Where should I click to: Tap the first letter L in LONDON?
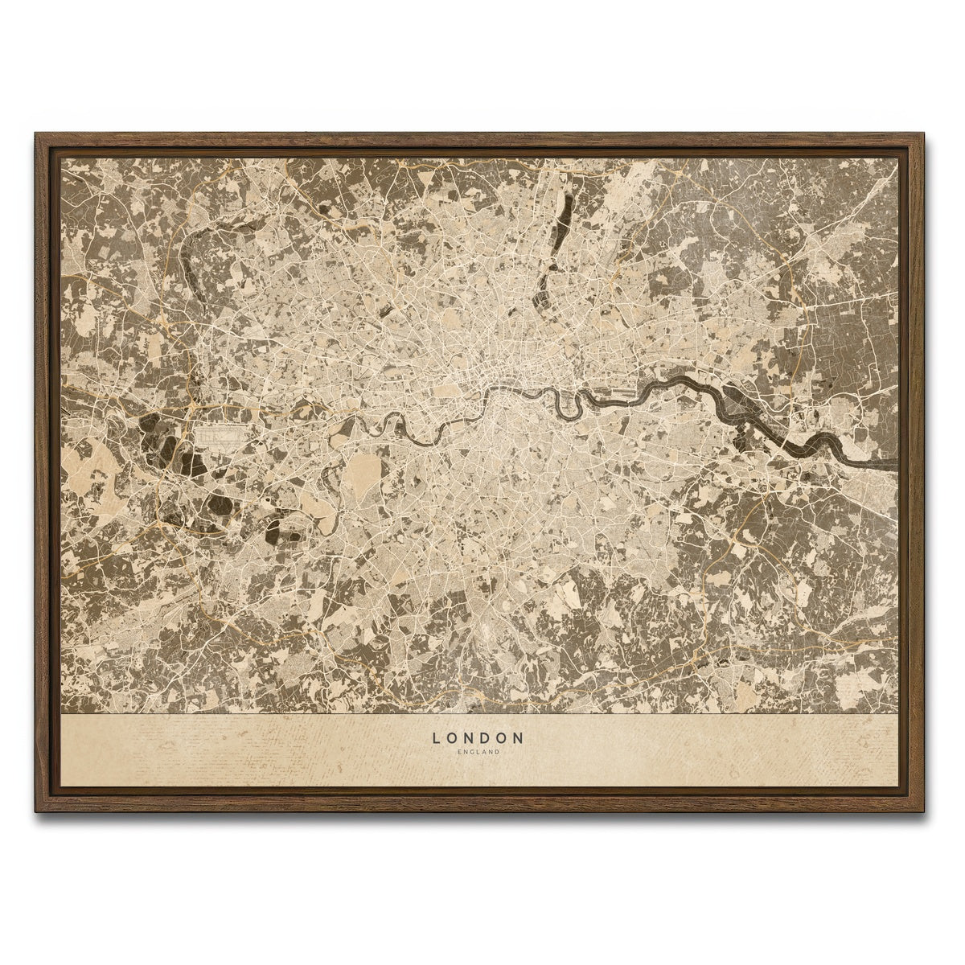(437, 737)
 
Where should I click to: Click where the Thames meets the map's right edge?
(894, 464)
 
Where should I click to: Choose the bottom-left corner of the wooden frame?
(37, 810)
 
